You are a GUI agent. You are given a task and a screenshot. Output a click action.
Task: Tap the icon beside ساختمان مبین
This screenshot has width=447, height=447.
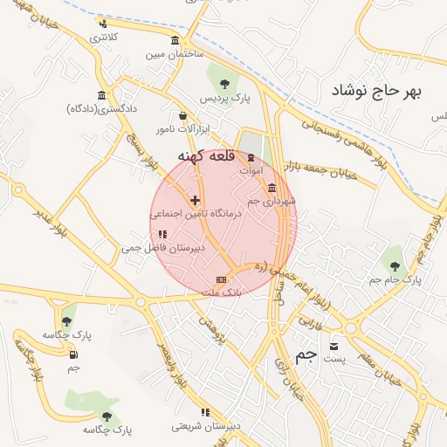coord(175,41)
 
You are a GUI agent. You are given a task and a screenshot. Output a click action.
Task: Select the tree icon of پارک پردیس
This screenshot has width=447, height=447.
coord(225,85)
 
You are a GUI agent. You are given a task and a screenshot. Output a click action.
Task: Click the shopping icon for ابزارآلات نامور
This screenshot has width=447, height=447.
coord(182,115)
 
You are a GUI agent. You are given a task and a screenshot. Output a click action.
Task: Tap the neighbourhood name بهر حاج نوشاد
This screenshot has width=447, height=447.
coord(382,91)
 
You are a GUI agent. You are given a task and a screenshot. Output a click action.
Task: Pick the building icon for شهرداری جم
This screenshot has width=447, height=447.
coord(272,188)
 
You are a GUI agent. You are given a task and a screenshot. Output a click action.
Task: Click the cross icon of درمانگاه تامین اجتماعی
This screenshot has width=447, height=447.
coord(195,200)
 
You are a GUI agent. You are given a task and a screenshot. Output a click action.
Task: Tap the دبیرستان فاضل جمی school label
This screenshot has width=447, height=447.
coord(162,248)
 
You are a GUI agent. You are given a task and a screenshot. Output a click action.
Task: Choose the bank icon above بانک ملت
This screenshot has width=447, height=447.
coord(221,279)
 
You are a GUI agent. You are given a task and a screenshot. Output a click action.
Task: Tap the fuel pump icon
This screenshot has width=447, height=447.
coord(72,354)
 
